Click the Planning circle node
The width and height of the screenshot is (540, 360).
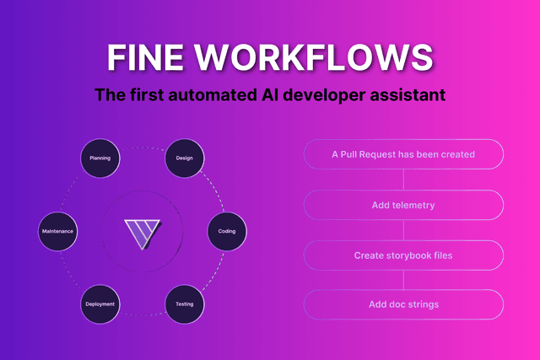(x=100, y=158)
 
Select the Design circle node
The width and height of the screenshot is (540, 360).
(x=185, y=158)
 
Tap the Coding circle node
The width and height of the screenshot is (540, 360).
(x=227, y=230)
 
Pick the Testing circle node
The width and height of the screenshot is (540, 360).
(x=185, y=304)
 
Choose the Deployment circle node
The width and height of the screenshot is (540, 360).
(x=100, y=304)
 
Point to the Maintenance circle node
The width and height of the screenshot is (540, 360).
(x=58, y=230)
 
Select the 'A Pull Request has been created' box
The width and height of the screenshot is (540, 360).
(x=403, y=154)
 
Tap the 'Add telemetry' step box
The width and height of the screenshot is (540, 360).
(x=403, y=205)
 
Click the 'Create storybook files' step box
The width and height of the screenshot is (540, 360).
(x=403, y=255)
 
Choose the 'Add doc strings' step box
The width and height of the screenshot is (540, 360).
(x=403, y=304)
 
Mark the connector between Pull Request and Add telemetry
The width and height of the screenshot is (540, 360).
(x=403, y=180)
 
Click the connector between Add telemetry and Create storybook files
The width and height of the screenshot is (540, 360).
(x=403, y=230)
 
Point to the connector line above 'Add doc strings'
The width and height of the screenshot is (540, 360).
(x=403, y=280)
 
